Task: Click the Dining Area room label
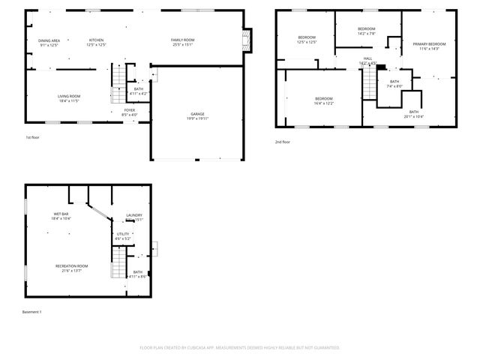click(49, 40)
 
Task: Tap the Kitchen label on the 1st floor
click(97, 40)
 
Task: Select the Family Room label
click(182, 40)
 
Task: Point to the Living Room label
click(69, 96)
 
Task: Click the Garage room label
click(197, 115)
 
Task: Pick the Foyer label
click(130, 110)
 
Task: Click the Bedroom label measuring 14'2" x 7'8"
click(366, 28)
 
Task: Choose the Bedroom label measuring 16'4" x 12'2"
click(324, 99)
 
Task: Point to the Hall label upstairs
click(367, 58)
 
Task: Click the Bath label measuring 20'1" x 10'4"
click(414, 112)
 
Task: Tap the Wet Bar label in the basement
click(61, 214)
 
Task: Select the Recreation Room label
click(72, 266)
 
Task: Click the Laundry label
click(133, 216)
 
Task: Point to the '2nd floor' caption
click(283, 142)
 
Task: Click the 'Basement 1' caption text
click(32, 311)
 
